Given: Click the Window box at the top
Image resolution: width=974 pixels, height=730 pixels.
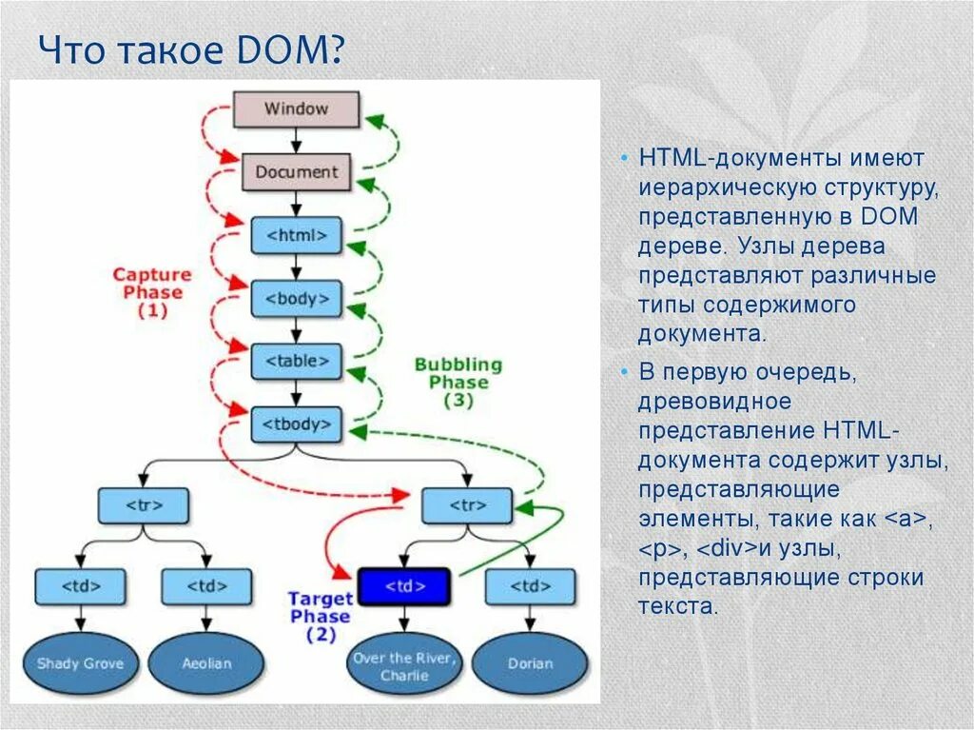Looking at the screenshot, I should point(296,109).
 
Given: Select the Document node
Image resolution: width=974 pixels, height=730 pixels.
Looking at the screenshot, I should point(296,172).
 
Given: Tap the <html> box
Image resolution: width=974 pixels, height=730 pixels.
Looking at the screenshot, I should point(296,235).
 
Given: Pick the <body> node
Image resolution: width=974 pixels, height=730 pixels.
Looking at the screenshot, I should point(296,298).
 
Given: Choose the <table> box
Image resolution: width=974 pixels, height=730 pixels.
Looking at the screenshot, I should point(296,362).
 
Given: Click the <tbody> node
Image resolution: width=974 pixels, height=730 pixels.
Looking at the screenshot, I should point(296,424).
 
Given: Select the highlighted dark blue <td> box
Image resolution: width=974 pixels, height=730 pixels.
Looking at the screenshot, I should point(403,586).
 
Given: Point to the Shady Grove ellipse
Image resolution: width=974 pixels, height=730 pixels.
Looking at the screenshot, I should point(80,662).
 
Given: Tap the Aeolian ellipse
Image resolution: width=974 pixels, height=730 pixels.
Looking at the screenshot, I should point(205,662).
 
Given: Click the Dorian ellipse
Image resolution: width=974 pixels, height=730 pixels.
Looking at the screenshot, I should point(530,662).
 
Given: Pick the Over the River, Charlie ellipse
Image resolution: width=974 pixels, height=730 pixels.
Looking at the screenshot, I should point(404,666).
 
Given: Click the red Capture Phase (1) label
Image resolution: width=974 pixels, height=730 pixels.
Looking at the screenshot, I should point(152,291).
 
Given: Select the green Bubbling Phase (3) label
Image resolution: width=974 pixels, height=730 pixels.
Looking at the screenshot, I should point(458,382).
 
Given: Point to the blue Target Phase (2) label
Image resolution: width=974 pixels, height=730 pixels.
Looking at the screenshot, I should point(321,617).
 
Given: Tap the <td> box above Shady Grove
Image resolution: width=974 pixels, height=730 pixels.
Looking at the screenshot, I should point(80,586).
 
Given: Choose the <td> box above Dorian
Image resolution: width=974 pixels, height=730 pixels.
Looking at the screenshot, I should point(530,586).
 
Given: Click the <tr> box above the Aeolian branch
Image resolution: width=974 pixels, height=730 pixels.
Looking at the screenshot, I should point(143,505).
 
